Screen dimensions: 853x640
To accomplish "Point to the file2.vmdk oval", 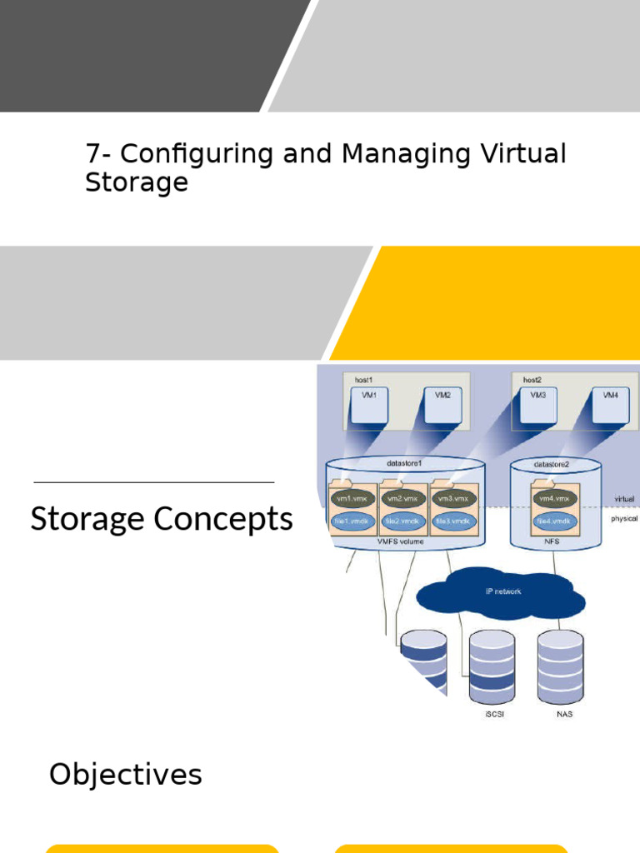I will [403, 521].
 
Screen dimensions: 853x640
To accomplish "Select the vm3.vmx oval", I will [452, 498].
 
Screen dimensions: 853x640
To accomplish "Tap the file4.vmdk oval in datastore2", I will [554, 521].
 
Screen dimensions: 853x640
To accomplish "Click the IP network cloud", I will [500, 592].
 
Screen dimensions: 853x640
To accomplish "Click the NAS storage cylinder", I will [561, 662].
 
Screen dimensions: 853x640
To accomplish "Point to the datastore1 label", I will [404, 463].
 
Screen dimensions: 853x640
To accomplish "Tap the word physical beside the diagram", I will [623, 518].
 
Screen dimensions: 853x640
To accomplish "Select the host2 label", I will [532, 380].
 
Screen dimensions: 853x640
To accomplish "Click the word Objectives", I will [125, 775].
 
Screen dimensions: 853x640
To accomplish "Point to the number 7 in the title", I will [92, 154].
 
